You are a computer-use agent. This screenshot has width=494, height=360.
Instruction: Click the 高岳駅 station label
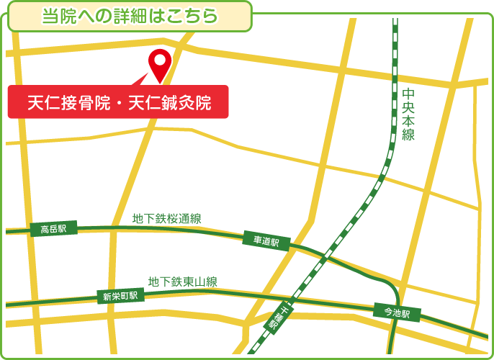(x=53, y=230)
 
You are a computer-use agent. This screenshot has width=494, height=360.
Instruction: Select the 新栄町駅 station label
(x=120, y=296)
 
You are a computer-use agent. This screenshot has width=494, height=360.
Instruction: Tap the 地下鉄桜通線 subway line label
(x=166, y=219)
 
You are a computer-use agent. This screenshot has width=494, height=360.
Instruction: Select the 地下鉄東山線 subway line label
(x=183, y=282)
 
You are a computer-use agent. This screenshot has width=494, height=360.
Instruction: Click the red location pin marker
(x=158, y=64)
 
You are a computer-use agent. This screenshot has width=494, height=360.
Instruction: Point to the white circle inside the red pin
(x=158, y=59)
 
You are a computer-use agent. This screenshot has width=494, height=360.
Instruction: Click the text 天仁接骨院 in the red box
(x=67, y=102)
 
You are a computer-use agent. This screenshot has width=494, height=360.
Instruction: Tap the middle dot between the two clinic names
(x=117, y=103)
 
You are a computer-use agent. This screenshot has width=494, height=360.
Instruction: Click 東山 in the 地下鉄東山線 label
(x=190, y=282)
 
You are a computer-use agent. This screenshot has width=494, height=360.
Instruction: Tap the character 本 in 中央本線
(x=408, y=121)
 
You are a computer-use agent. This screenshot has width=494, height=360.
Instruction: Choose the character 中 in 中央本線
(x=408, y=94)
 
